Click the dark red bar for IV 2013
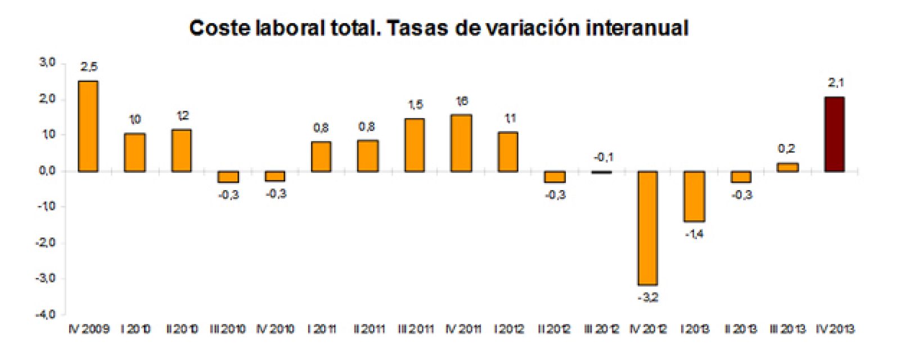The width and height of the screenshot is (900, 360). coord(834,134)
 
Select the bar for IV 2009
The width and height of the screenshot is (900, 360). coord(88,126)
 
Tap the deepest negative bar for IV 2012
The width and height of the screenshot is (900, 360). coord(647,228)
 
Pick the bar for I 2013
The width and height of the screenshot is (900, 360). coord(695,196)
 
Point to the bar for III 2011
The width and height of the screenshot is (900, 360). coord(415,145)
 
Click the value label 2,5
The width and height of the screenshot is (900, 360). coord(88,67)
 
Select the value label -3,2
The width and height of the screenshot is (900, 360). coord(647,298)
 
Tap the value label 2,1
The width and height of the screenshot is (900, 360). coord(836,83)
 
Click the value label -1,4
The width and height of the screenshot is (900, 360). coord(695,234)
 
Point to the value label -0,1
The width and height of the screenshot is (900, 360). coord(603,157)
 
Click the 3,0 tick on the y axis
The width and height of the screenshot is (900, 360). coord(47,62)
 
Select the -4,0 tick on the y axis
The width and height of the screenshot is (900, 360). coord(46,314)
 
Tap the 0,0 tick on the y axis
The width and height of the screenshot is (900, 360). coord(47,171)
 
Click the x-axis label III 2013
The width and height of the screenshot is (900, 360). coord(788,328)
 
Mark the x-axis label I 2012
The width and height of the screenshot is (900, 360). coord(509,328)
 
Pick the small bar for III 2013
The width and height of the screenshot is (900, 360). coord(787,167)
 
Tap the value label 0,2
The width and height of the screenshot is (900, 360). coord(786,149)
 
